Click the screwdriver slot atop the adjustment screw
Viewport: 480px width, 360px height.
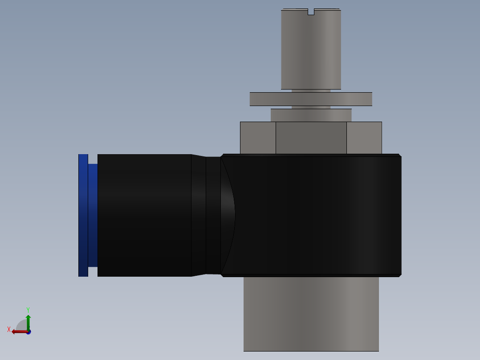coord(311,12)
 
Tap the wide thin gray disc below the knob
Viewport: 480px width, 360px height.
coord(311,99)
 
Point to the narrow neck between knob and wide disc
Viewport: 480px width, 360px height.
coord(311,91)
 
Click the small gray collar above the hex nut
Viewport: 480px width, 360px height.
coord(311,115)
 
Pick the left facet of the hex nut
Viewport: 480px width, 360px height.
coord(258,138)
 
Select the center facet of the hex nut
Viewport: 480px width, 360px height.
coord(311,138)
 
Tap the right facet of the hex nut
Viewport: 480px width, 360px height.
coord(364,138)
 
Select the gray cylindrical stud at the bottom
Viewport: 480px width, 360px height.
coord(311,314)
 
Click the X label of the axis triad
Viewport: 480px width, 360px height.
coord(9,329)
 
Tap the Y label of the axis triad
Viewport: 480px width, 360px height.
coord(28,309)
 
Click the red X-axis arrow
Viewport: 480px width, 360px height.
coord(19,331)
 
